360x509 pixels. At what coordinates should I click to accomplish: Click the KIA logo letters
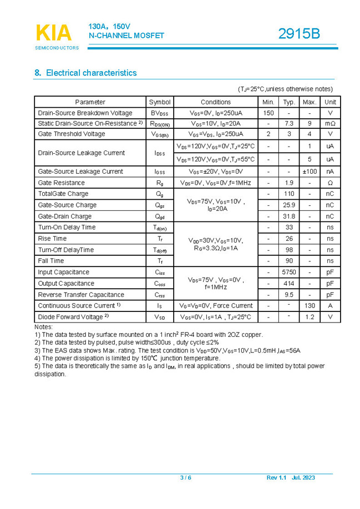(54, 33)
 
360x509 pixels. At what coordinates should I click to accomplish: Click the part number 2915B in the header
(299, 33)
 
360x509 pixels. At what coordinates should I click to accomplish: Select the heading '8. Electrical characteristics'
(85, 73)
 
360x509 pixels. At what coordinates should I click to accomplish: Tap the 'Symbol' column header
(160, 102)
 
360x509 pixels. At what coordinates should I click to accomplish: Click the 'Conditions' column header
(215, 102)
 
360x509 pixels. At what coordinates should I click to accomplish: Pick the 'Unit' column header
(330, 102)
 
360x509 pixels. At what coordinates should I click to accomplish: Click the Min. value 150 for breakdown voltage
(268, 113)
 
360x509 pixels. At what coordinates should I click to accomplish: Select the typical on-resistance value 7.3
(289, 123)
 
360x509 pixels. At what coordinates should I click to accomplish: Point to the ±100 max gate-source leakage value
(310, 172)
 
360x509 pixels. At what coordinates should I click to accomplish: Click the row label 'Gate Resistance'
(61, 183)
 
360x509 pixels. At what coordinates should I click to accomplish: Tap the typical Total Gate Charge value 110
(289, 194)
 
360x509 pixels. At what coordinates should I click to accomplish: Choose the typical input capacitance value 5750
(289, 272)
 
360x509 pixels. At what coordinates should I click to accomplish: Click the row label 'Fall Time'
(51, 261)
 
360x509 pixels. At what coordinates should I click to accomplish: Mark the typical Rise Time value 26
(289, 239)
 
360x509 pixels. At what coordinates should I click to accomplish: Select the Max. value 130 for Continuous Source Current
(310, 306)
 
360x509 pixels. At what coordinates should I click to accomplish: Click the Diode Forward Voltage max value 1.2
(310, 317)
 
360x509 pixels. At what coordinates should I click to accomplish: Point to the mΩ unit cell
(330, 123)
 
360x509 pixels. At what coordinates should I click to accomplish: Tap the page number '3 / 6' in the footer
(186, 478)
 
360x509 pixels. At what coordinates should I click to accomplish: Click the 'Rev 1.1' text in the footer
(276, 478)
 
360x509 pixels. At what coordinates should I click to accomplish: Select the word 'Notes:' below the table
(43, 327)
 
